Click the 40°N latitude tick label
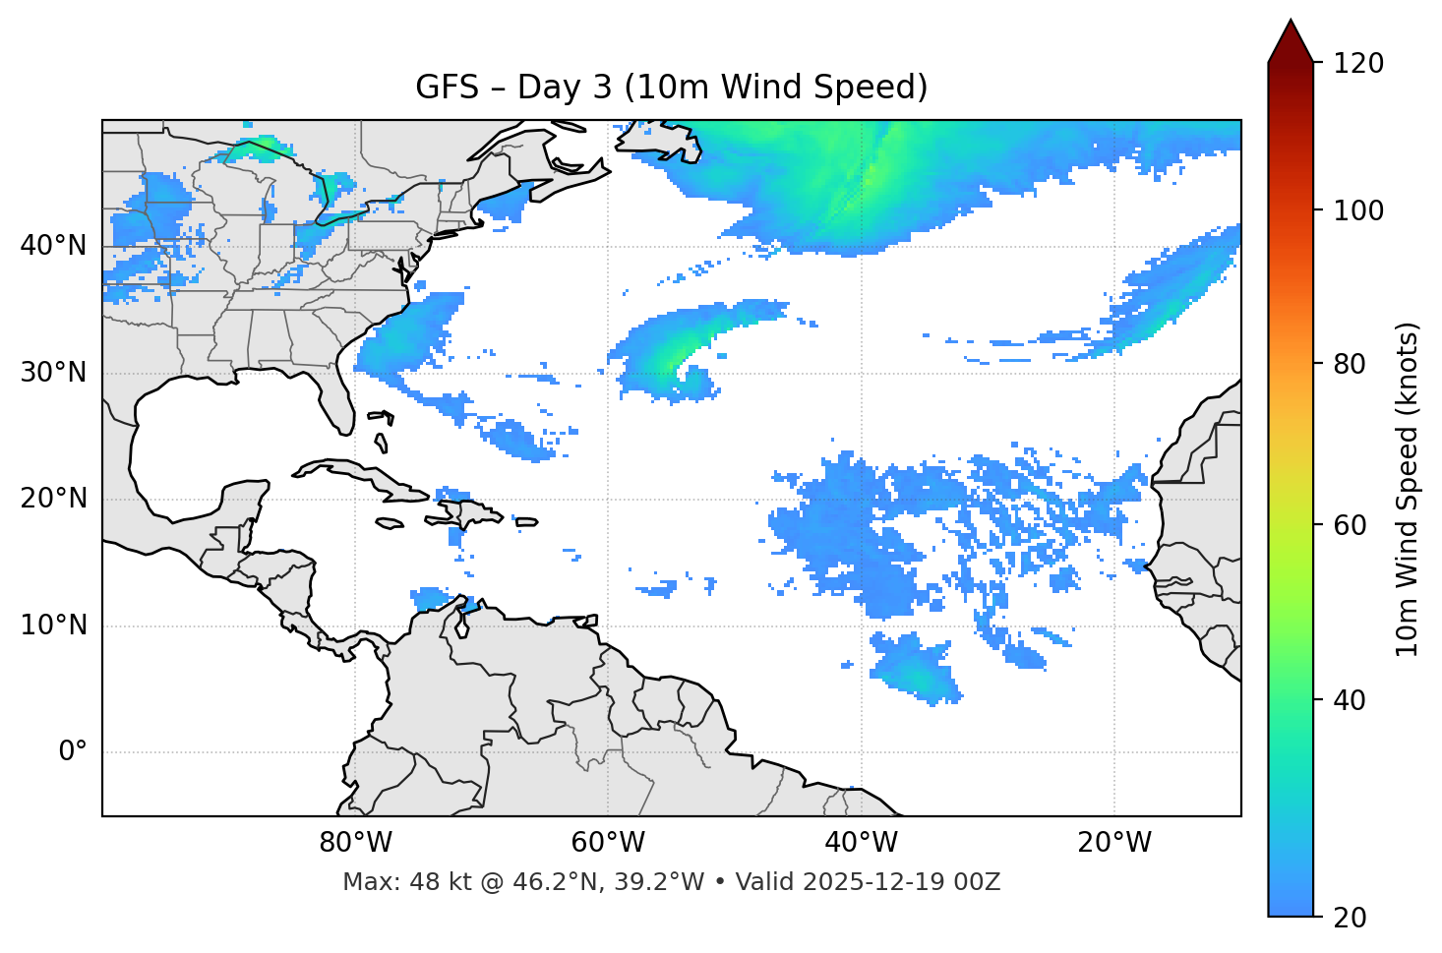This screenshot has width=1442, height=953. coord(53,246)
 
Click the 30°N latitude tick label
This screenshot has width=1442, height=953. coord(53,373)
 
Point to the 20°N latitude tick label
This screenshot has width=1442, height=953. coord(53,499)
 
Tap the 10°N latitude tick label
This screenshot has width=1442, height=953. coord(53,625)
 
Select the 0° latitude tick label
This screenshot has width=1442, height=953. coord(73,752)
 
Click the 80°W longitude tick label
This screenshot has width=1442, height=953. coord(355,843)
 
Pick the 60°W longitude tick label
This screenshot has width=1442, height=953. coord(608,843)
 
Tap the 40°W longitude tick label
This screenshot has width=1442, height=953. coord(862,843)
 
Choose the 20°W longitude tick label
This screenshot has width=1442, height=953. coord(1114,843)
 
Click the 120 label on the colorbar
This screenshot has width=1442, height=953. coord(1358,64)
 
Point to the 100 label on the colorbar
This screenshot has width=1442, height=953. coord(1358,210)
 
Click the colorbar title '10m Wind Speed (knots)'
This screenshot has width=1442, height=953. coord(1408,489)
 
